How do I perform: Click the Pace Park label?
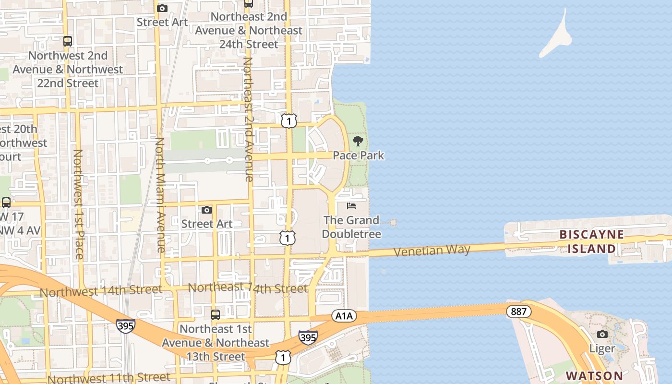point(359,156)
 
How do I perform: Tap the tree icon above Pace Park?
point(358,141)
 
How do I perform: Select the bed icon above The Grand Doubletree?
point(351,206)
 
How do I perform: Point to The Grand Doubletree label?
point(351,227)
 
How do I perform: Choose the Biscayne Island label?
point(591,241)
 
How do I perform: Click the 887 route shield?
point(518,312)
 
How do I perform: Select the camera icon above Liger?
point(602,334)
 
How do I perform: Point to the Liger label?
point(602,348)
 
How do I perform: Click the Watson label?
point(594,375)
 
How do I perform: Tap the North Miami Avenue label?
point(160,195)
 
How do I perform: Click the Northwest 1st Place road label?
point(78,204)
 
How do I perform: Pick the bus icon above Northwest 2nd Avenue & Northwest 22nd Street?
point(68,41)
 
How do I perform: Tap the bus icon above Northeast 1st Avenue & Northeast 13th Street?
point(216,315)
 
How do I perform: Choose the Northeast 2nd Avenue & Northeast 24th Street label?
point(249,30)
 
